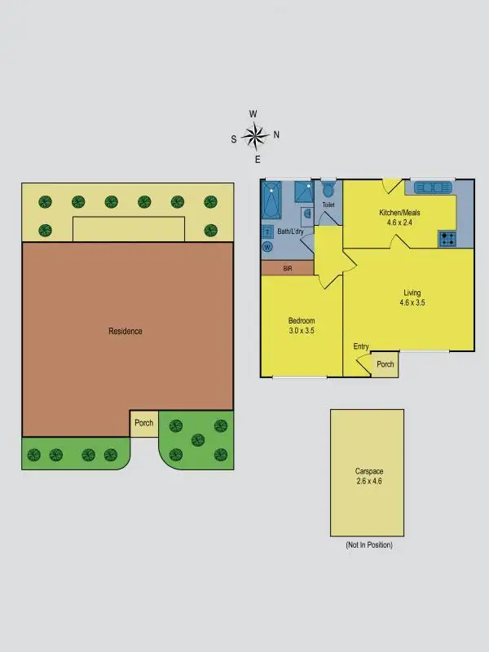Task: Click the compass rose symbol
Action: [255, 135]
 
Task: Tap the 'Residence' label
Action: [126, 331]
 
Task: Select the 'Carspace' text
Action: [368, 471]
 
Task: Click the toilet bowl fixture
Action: [328, 190]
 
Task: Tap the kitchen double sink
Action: [433, 188]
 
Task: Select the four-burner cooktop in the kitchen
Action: [447, 239]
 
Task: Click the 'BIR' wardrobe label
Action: [287, 268]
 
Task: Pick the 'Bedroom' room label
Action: [302, 320]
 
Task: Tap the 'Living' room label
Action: [412, 293]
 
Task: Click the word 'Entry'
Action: [361, 346]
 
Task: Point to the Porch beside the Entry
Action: [385, 364]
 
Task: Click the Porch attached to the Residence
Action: [144, 423]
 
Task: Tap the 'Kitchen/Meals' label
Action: [399, 213]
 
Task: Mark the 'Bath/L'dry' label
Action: [291, 232]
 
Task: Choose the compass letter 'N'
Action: [276, 135]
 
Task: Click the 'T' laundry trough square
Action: [267, 231]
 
